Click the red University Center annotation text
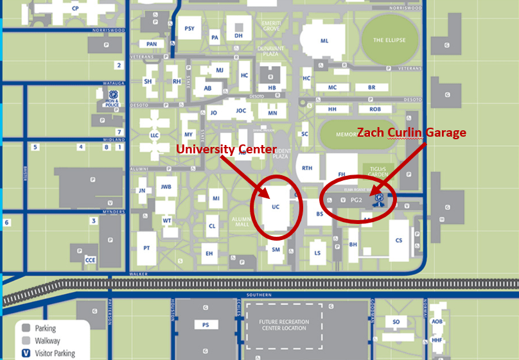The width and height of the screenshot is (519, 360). (226, 149)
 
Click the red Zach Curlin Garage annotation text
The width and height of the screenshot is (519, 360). (411, 132)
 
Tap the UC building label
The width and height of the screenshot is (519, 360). (276, 207)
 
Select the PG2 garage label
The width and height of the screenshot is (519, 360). (357, 200)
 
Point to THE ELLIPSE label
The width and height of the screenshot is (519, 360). (389, 40)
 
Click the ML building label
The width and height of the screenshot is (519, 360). (324, 40)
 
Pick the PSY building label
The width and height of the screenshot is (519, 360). (189, 28)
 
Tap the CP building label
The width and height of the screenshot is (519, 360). (75, 8)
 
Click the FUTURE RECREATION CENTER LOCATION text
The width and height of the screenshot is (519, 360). (285, 325)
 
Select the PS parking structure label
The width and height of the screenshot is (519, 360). (206, 325)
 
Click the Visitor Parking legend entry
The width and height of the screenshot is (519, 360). (56, 353)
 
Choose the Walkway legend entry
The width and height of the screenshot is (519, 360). (49, 341)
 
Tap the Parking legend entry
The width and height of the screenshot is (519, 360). (47, 329)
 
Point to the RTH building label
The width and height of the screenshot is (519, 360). (307, 168)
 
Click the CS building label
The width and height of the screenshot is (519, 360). (399, 240)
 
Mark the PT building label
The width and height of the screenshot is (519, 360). (147, 248)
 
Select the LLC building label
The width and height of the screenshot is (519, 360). (154, 135)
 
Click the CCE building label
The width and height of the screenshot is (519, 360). (90, 260)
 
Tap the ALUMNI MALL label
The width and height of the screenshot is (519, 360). (242, 221)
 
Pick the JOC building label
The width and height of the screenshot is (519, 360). (241, 110)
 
